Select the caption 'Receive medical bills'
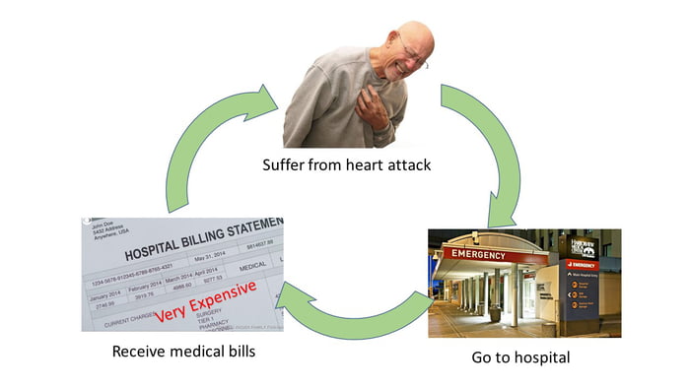[x=184, y=352]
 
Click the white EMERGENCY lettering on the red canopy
[x=478, y=254]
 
